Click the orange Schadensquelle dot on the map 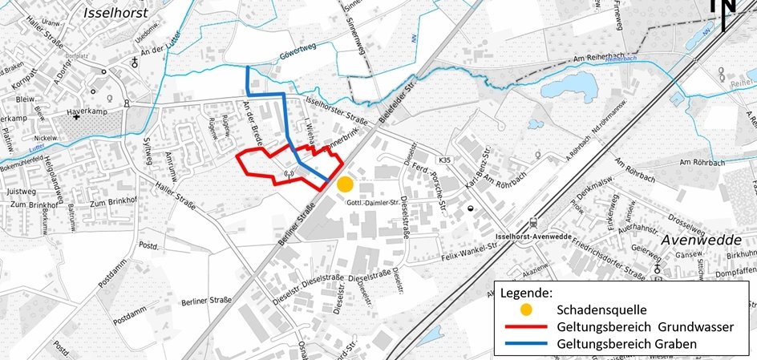345,184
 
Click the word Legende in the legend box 527,293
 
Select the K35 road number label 446,160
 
